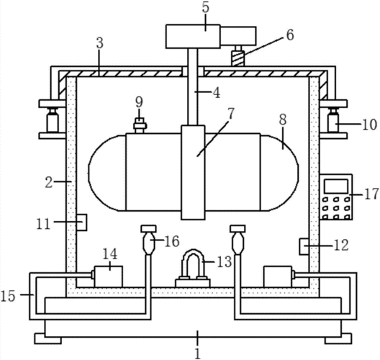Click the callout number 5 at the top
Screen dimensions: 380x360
pos(205,7)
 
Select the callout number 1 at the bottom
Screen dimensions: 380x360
pos(198,354)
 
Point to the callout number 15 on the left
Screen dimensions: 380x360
pos(8,296)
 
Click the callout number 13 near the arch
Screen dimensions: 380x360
pos(224,261)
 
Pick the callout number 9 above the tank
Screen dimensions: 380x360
pos(139,102)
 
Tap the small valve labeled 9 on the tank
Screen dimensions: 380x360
pos(140,125)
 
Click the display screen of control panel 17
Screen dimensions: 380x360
pos(336,186)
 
